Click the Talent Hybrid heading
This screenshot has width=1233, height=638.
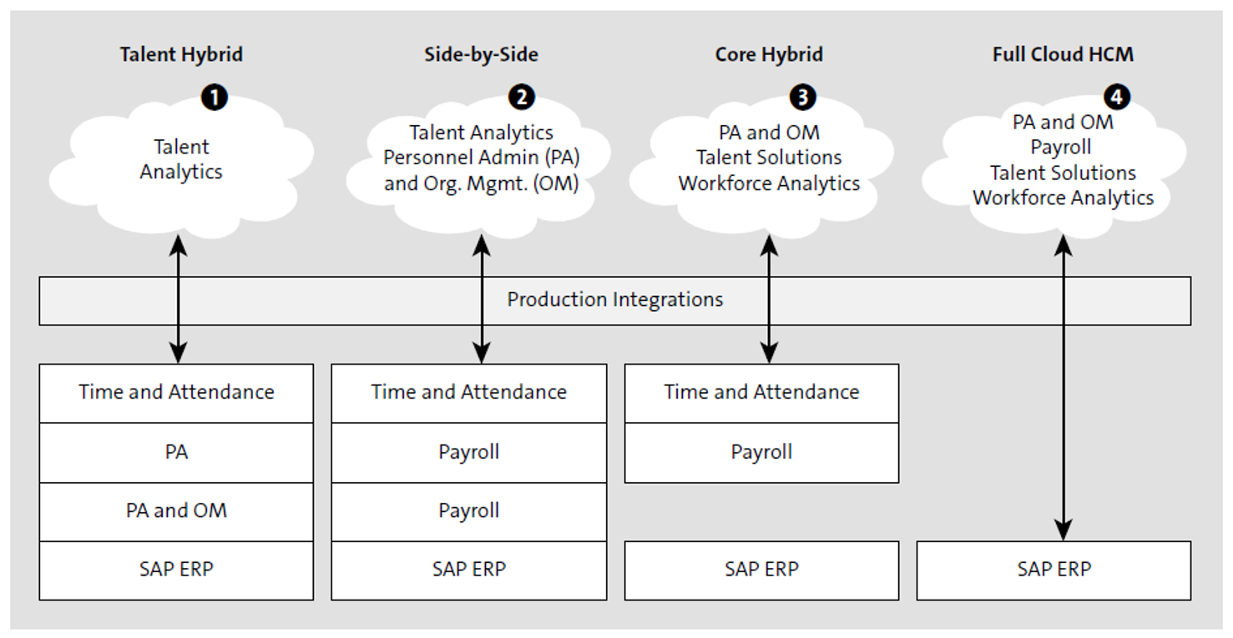[x=181, y=55]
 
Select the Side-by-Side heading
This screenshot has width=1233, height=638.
[x=481, y=55]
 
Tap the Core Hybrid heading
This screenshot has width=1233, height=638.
[x=769, y=55]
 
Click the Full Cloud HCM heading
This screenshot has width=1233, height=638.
[x=1063, y=55]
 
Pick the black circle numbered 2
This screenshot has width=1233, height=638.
[x=522, y=98]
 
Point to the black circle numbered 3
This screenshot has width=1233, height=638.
[x=802, y=98]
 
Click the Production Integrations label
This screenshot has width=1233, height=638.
[x=614, y=299]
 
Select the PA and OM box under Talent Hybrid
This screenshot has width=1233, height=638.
[x=176, y=511]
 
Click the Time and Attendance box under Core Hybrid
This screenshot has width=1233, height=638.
[x=761, y=393]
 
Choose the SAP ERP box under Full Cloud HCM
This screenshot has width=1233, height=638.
[x=1054, y=570]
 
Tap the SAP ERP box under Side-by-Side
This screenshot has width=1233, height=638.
[x=468, y=570]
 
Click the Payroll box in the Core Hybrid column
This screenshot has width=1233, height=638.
[x=761, y=452]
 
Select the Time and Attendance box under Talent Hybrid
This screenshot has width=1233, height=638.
[x=176, y=393]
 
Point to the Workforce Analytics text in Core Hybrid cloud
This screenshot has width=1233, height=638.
[x=769, y=183]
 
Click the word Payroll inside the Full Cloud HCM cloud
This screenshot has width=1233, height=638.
[x=1060, y=148]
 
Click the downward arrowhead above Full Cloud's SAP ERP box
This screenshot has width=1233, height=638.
[x=1063, y=530]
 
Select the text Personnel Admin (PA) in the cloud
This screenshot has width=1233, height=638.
[x=481, y=158]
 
